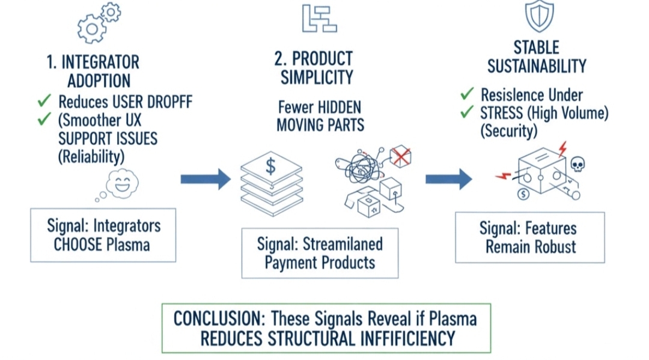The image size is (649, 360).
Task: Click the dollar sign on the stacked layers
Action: pos(271,167)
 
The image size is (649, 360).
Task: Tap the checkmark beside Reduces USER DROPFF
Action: pos(44,100)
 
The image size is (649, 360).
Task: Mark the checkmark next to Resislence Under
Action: pos(467,94)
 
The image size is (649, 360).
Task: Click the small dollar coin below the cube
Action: pos(522,194)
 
